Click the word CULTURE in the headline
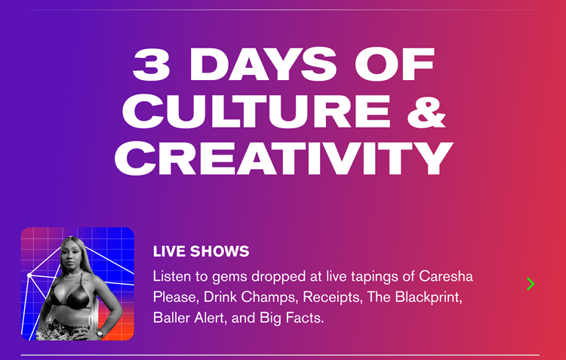(x=254, y=111)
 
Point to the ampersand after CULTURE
(x=423, y=111)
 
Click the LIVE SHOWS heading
(x=201, y=251)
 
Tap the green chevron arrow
(x=531, y=284)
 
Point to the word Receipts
(x=326, y=297)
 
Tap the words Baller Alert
(x=189, y=318)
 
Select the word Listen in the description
(x=173, y=275)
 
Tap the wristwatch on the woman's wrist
(x=99, y=332)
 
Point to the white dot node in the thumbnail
(x=29, y=275)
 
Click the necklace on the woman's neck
(x=74, y=277)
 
